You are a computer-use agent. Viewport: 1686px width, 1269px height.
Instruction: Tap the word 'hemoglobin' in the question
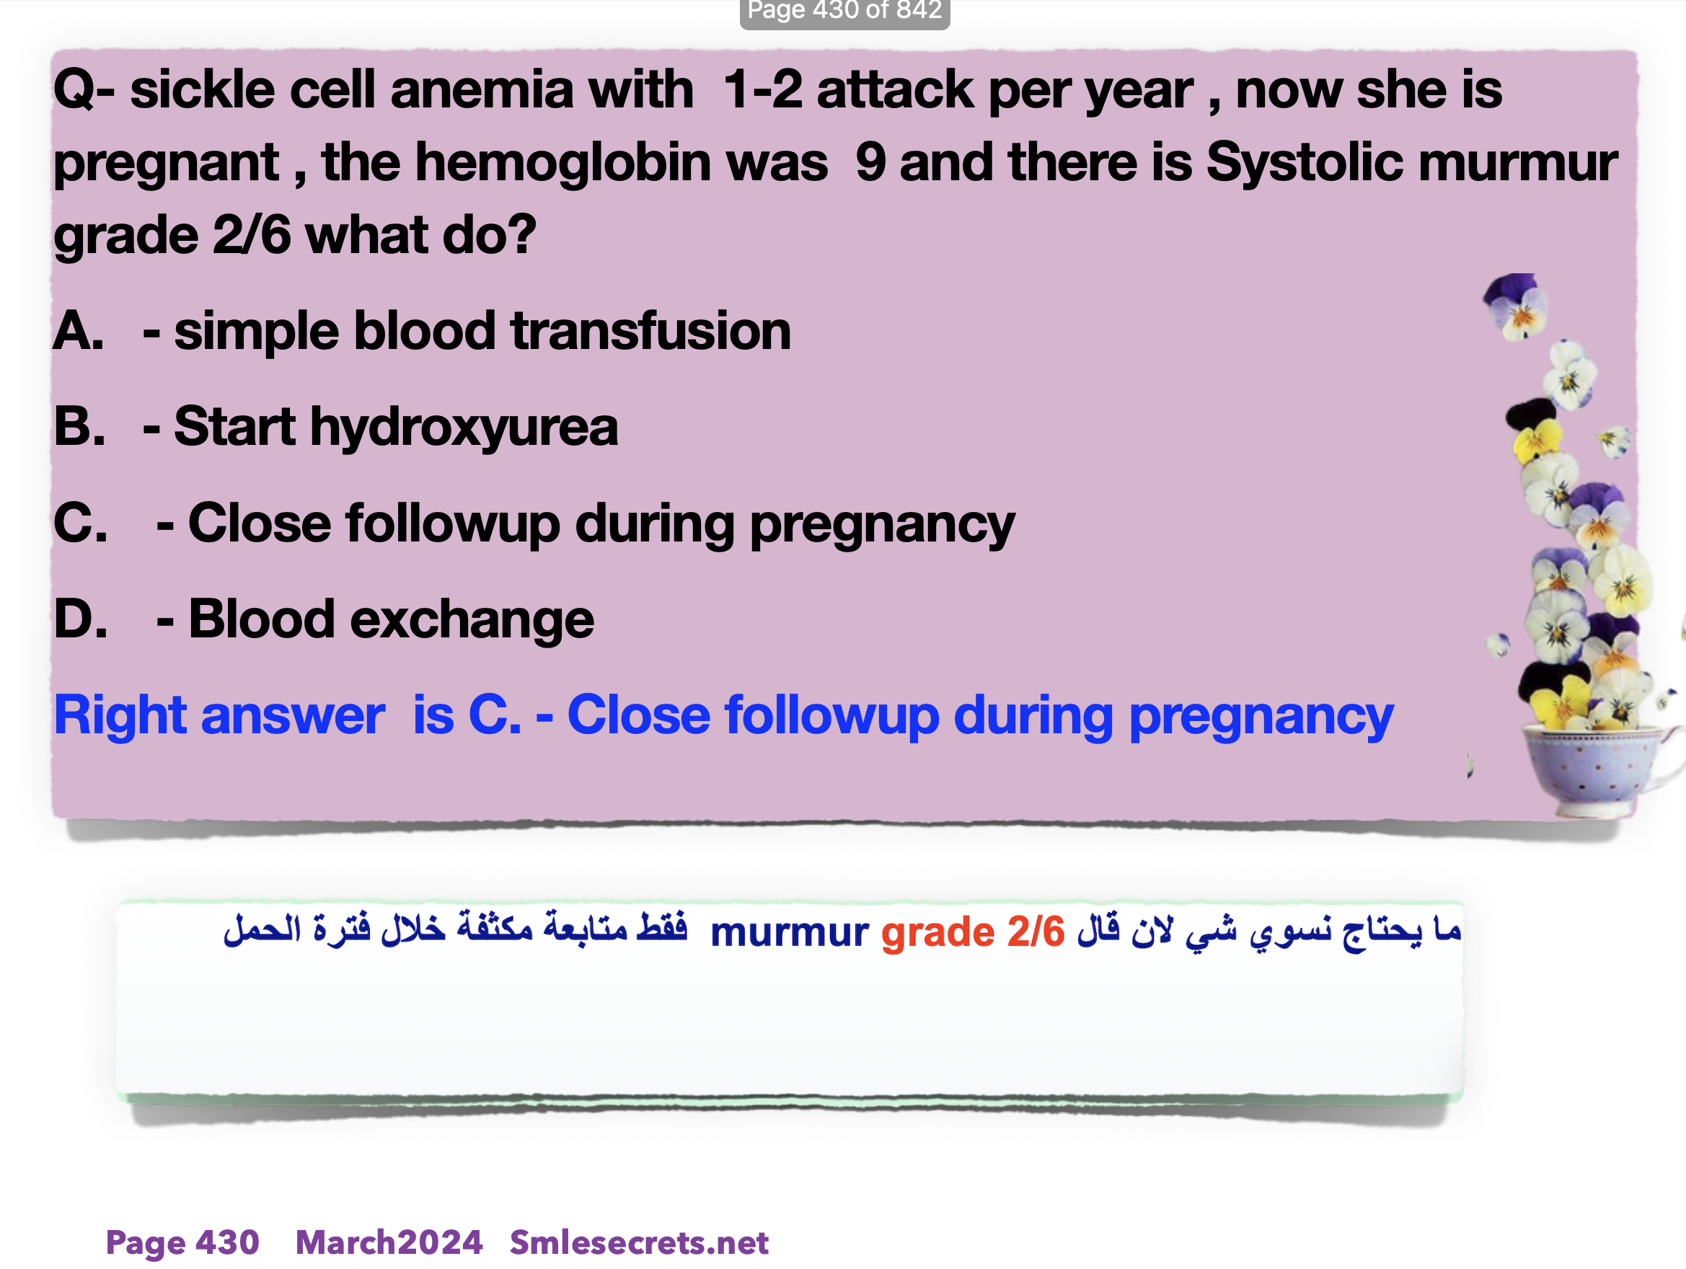point(621,162)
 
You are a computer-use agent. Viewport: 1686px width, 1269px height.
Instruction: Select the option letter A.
point(79,332)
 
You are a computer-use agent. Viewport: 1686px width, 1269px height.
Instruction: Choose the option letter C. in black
point(81,523)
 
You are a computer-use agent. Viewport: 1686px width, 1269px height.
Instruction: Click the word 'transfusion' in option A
point(651,332)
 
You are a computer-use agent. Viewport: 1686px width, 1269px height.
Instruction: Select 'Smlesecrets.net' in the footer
point(639,1242)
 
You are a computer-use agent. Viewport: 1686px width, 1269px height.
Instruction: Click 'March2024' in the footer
point(389,1242)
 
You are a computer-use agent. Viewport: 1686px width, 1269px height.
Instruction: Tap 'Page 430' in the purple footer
point(182,1243)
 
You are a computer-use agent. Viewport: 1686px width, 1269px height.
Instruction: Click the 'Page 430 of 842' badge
point(844,12)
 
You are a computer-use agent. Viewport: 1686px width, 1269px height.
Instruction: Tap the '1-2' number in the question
point(762,90)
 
